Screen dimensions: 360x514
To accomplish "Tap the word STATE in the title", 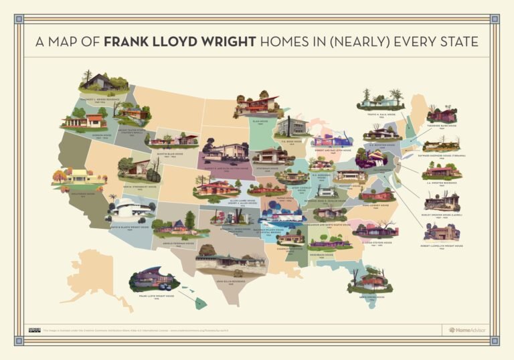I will [x=456, y=42].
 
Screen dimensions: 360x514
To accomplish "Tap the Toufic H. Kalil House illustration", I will [x=381, y=102].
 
